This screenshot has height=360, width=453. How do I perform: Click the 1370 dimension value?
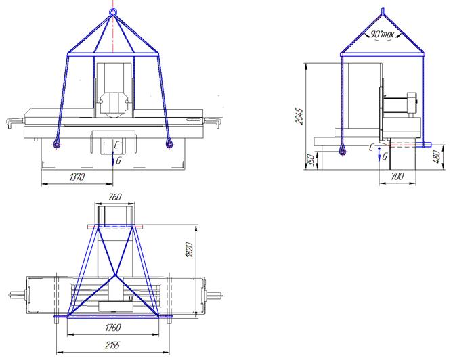pos(77,177)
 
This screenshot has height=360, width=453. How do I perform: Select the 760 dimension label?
pos(114,197)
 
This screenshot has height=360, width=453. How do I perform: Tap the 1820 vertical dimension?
pos(189,250)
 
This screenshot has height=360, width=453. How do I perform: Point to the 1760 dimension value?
pos(113,328)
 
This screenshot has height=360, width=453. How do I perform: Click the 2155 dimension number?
pos(112,345)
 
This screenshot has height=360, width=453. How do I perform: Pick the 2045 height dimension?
pos(299,116)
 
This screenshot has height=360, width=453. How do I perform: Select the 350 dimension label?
pos(310,160)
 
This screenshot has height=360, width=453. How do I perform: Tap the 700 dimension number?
pos(397,176)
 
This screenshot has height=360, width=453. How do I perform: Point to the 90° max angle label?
pos(382,35)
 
